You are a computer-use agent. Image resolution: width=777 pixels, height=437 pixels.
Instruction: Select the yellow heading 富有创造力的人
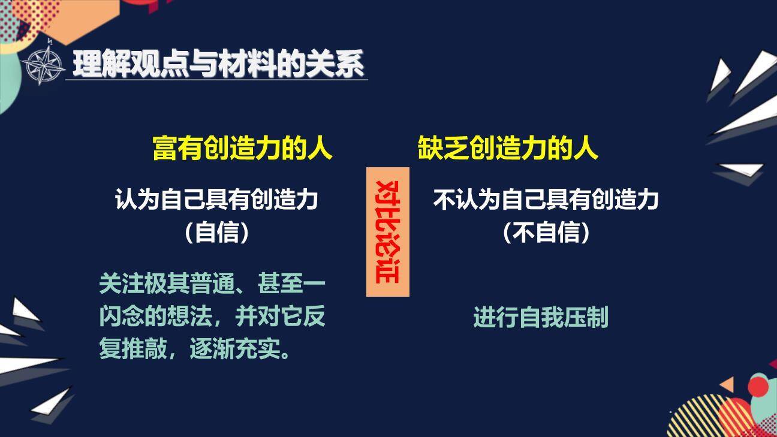tap(242, 148)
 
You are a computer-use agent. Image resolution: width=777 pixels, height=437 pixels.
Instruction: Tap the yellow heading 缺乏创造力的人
tap(508, 148)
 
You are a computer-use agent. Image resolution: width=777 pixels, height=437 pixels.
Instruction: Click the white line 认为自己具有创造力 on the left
tap(216, 199)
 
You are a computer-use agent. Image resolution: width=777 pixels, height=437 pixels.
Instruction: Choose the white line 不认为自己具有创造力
tap(546, 199)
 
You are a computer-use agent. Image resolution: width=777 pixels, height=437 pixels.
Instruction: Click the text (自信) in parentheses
tap(216, 233)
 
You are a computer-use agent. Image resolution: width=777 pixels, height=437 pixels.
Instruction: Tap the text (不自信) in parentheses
tap(546, 233)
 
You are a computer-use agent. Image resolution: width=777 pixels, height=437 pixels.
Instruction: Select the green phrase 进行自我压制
tap(540, 317)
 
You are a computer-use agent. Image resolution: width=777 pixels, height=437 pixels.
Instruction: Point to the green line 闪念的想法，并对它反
tap(212, 317)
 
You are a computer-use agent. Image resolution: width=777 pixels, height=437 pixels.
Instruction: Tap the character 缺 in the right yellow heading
tap(429, 148)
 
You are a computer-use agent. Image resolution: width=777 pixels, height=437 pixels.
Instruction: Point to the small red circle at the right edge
tap(758, 386)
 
